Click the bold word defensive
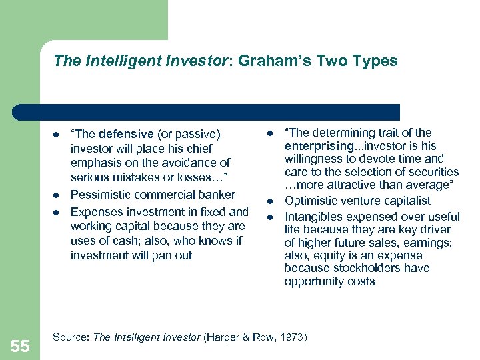tap(120, 135)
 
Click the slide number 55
tap(20, 345)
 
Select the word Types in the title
tap(376, 61)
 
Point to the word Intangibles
tap(314, 217)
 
